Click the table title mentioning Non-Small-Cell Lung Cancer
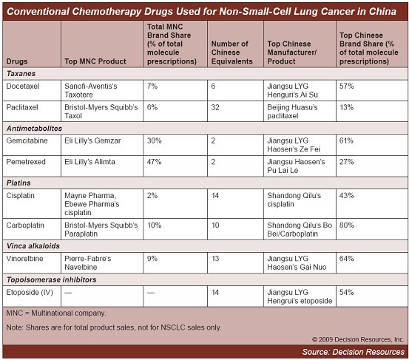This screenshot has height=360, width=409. (x=201, y=12)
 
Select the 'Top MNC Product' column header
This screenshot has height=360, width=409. (x=95, y=61)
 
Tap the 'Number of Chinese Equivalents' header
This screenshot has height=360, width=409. (x=232, y=52)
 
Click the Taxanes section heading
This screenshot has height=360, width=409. (x=21, y=73)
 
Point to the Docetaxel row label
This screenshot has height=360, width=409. (x=23, y=86)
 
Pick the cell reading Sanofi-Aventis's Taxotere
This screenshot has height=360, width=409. (x=91, y=90)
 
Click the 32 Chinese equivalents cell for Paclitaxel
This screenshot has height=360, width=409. (x=215, y=107)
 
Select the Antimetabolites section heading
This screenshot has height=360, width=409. (x=34, y=129)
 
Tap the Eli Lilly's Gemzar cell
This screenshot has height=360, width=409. (x=92, y=140)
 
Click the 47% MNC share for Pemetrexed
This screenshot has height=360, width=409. (x=154, y=162)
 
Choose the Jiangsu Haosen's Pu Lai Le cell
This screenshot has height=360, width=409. (x=296, y=166)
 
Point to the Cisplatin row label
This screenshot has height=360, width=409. (x=21, y=195)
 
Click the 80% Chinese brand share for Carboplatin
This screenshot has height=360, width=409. (x=347, y=225)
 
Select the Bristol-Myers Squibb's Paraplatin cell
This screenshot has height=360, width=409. (x=101, y=229)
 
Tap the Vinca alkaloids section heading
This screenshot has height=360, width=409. (x=33, y=246)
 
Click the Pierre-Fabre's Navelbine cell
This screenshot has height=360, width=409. (x=87, y=262)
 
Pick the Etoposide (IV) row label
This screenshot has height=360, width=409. (x=30, y=292)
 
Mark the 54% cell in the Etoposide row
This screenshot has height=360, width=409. (x=347, y=292)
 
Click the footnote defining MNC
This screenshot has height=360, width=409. (x=56, y=313)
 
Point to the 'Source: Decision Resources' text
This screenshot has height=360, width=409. (x=354, y=352)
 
